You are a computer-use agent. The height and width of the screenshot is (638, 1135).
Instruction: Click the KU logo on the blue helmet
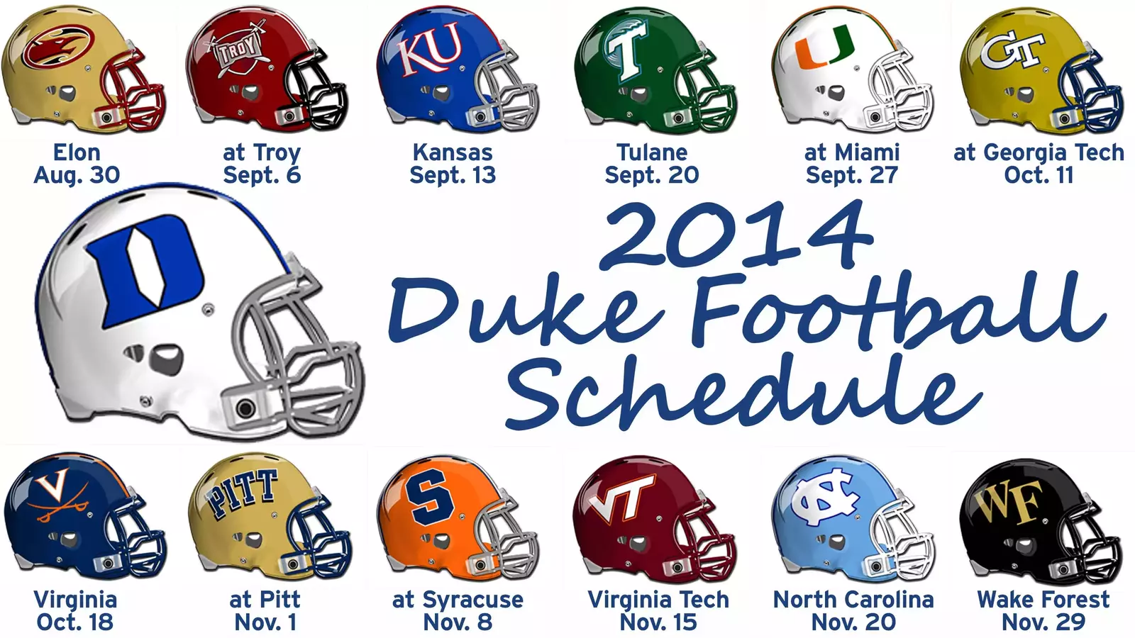[430, 50]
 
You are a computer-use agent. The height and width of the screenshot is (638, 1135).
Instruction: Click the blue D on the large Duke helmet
[145, 270]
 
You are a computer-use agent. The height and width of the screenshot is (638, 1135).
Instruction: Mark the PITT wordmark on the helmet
[241, 493]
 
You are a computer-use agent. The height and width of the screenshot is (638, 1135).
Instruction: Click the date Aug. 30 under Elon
[77, 175]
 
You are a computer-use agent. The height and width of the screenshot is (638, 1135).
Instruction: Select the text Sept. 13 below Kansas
[453, 175]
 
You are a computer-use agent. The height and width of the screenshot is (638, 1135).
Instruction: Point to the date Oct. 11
[1039, 175]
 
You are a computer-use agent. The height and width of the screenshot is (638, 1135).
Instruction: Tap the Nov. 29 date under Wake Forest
[1043, 622]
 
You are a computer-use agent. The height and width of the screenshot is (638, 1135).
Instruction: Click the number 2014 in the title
[735, 235]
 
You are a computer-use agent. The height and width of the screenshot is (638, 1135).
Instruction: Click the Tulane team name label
[651, 152]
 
